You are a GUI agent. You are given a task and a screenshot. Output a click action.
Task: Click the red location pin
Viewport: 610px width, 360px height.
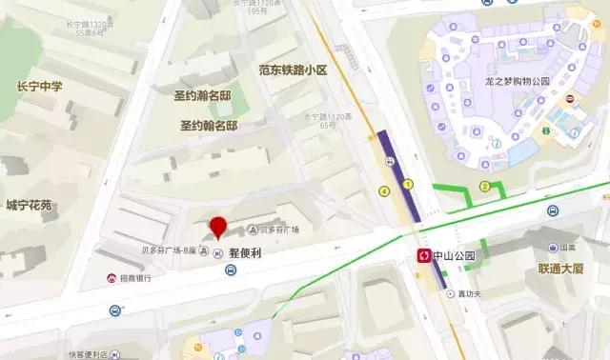(x=218, y=227)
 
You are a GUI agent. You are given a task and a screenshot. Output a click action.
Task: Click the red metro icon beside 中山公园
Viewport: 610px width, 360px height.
(x=423, y=255)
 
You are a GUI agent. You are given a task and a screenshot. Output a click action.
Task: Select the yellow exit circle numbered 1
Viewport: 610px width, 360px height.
(x=407, y=184)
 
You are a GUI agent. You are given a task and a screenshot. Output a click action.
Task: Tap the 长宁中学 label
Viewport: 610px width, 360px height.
(x=40, y=87)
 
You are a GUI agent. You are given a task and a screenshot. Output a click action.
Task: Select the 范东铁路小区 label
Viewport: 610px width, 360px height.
(x=293, y=70)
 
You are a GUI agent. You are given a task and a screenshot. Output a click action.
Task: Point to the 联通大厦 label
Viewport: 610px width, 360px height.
(x=559, y=270)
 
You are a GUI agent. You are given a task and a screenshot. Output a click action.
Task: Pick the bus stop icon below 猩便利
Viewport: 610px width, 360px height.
(x=231, y=270)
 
